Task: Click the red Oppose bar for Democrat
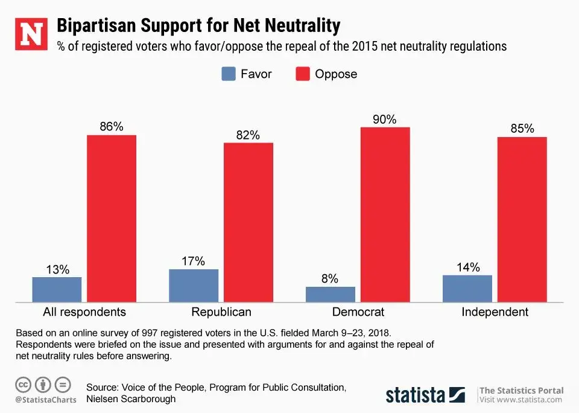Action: pyautogui.click(x=385, y=214)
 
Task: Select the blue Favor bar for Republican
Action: pyautogui.click(x=194, y=286)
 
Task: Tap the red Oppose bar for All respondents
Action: pyautogui.click(x=112, y=218)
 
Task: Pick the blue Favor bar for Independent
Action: pyautogui.click(x=467, y=289)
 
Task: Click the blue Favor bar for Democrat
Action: pyautogui.click(x=330, y=294)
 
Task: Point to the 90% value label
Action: pyautogui.click(x=384, y=120)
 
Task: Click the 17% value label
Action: pyautogui.click(x=193, y=261)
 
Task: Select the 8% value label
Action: pyautogui.click(x=330, y=279)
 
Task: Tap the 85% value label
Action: pyautogui.click(x=522, y=129)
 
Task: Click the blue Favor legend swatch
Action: pyautogui.click(x=228, y=74)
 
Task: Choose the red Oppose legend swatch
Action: pyautogui.click(x=303, y=74)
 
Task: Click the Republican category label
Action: pyautogui.click(x=221, y=312)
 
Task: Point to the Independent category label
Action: pyautogui.click(x=495, y=312)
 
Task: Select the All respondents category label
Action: pyautogui.click(x=84, y=312)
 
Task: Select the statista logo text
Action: pyautogui.click(x=416, y=395)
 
